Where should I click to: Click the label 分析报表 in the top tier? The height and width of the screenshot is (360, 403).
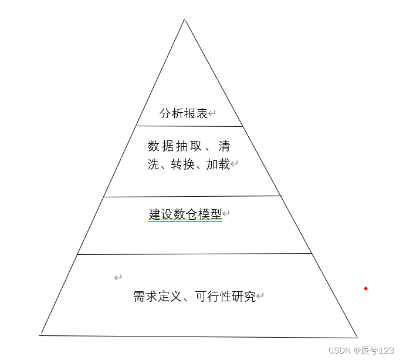pyautogui.click(x=184, y=114)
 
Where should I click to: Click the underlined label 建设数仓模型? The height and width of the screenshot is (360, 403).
pyautogui.click(x=185, y=214)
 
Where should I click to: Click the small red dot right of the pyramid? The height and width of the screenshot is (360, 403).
pyautogui.click(x=365, y=288)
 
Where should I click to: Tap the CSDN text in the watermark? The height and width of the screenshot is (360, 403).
pyautogui.click(x=339, y=351)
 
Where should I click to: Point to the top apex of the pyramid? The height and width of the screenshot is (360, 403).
pyautogui.click(x=185, y=20)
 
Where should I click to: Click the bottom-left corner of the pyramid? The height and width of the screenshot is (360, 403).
pyautogui.click(x=40, y=335)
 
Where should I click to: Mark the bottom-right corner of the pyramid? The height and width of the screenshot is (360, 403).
pyautogui.click(x=357, y=337)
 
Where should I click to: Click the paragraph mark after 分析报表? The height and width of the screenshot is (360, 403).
pyautogui.click(x=212, y=114)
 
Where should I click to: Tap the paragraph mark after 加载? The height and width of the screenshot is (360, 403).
pyautogui.click(x=233, y=164)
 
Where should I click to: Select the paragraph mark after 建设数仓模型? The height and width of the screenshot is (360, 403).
pyautogui.click(x=226, y=214)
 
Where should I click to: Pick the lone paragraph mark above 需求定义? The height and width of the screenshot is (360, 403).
pyautogui.click(x=118, y=277)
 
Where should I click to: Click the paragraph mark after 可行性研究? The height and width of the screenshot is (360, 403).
pyautogui.click(x=260, y=297)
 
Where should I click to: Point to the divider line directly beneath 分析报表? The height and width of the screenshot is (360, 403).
pyautogui.click(x=189, y=126)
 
